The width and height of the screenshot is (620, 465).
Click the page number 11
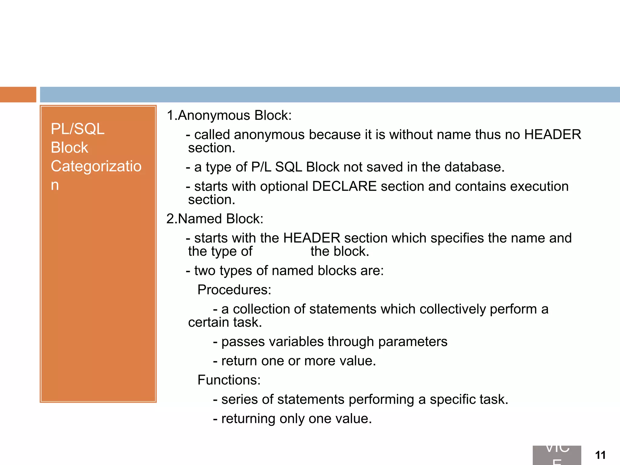600,455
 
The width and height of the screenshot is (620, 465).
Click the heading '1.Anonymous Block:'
229,115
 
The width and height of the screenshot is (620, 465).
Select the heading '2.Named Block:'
215,219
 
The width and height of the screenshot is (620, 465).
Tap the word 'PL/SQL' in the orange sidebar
77,129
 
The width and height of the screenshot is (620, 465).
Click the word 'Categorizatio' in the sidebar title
96,166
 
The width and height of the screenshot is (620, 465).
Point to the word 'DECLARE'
344,186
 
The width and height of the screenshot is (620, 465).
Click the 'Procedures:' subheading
234,290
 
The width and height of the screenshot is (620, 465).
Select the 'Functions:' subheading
229,380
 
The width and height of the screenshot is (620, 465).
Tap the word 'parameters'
413,341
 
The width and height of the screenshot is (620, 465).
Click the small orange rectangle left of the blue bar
18,94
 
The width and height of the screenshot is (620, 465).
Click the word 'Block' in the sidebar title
69,148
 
